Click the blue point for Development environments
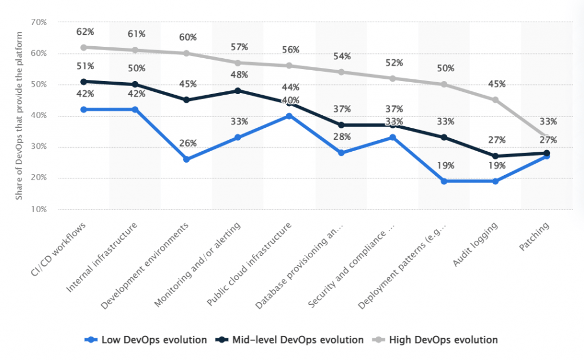pos(187,159)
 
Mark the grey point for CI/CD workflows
pos(84,47)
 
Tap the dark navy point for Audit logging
pos(496,156)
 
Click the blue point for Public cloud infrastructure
pos(289,116)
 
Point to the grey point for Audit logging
pos(496,100)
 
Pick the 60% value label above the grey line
pos(187,38)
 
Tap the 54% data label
pos(341,56)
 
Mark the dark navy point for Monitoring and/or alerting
pos(238,91)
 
